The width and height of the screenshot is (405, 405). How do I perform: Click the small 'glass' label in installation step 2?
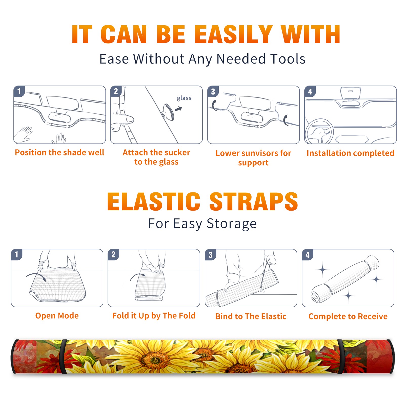pos(184,98)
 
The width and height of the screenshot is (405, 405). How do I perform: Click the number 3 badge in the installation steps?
pos(213,91)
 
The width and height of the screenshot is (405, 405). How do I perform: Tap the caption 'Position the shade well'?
pos(59,152)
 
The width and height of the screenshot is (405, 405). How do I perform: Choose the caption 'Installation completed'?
pos(350,153)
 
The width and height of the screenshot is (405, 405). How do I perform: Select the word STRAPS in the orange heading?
pos(254,201)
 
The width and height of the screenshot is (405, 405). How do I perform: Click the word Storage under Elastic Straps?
pos(232,224)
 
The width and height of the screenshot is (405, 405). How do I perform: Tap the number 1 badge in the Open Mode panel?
pos(17,254)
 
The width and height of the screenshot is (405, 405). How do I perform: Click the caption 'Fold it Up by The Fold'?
pos(154,316)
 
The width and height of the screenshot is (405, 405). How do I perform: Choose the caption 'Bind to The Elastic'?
pos(251,316)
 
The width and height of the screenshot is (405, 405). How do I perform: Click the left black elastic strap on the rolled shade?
pos(63,356)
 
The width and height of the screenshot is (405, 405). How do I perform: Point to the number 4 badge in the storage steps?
pos(308,255)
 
